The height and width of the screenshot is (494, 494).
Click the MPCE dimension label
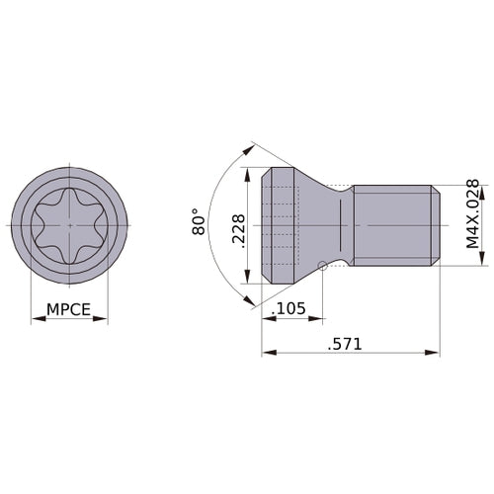pos(69,309)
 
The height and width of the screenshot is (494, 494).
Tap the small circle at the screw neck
pos(324,264)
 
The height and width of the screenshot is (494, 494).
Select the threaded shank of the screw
pos(395,225)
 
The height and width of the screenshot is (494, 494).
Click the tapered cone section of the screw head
pos(316,222)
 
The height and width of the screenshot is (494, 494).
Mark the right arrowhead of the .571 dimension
pos(435,353)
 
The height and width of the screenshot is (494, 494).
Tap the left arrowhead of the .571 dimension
pos(266,353)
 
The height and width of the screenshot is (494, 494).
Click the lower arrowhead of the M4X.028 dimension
pos(481,262)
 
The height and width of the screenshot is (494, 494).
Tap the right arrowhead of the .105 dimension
pos(321,320)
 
